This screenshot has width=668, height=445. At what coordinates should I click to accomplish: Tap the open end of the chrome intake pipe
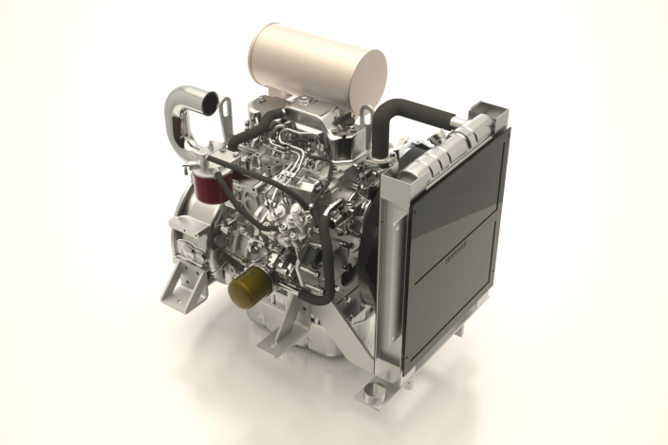click(x=210, y=100)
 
